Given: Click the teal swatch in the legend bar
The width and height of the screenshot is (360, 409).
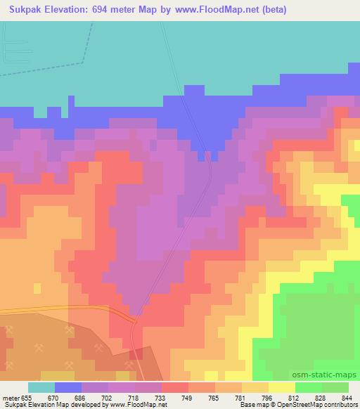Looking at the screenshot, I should [41, 387].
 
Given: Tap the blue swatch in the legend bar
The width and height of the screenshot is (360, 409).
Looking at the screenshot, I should [68, 387].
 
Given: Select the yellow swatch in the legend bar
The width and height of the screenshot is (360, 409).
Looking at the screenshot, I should [282, 387].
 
